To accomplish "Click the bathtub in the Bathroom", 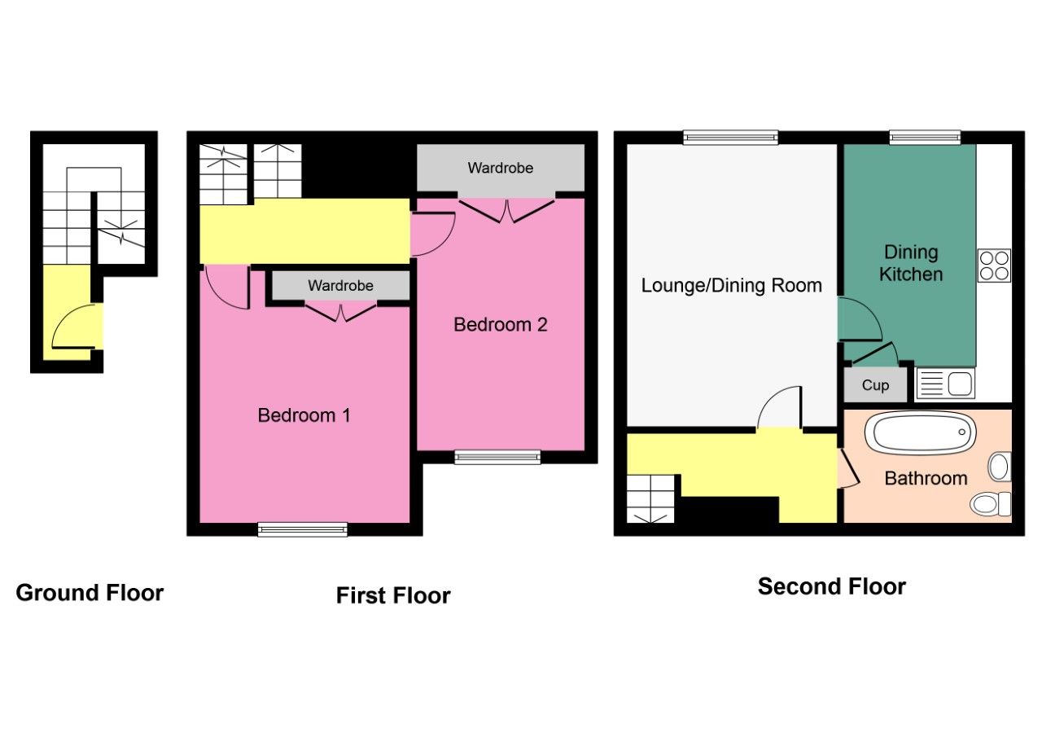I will (x=920, y=433).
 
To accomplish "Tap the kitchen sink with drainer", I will (x=945, y=383).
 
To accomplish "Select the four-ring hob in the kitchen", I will (x=994, y=265).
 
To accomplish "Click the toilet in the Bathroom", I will (x=992, y=504).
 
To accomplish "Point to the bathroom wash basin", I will (x=999, y=467).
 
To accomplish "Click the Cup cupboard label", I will (x=875, y=385).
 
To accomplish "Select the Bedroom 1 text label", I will (x=304, y=415).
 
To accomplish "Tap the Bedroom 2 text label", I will (x=500, y=325).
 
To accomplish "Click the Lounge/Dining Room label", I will (x=731, y=286).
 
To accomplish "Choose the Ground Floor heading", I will (x=90, y=593).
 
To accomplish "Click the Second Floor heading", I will (x=831, y=586).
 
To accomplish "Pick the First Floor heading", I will (x=393, y=596).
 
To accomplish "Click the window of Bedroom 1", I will (x=303, y=529).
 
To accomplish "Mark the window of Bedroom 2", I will (x=497, y=458).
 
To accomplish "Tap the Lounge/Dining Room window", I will (x=730, y=138).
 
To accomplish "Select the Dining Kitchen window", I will (x=924, y=138).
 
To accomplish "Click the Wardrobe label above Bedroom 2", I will (x=500, y=169).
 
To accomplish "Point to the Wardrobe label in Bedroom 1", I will (x=340, y=286).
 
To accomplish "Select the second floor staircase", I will (x=651, y=498).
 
